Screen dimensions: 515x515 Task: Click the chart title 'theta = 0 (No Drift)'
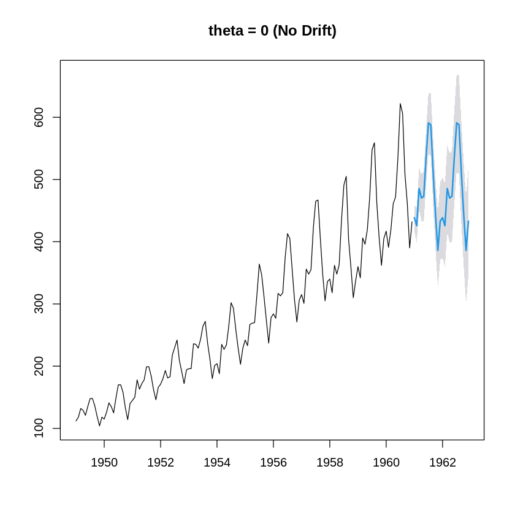272,31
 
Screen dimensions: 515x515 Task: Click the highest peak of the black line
400,104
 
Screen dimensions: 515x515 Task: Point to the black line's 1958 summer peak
346,177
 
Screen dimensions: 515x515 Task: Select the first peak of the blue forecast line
429,123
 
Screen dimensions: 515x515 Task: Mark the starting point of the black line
76,421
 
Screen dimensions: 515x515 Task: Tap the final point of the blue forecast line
468,221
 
